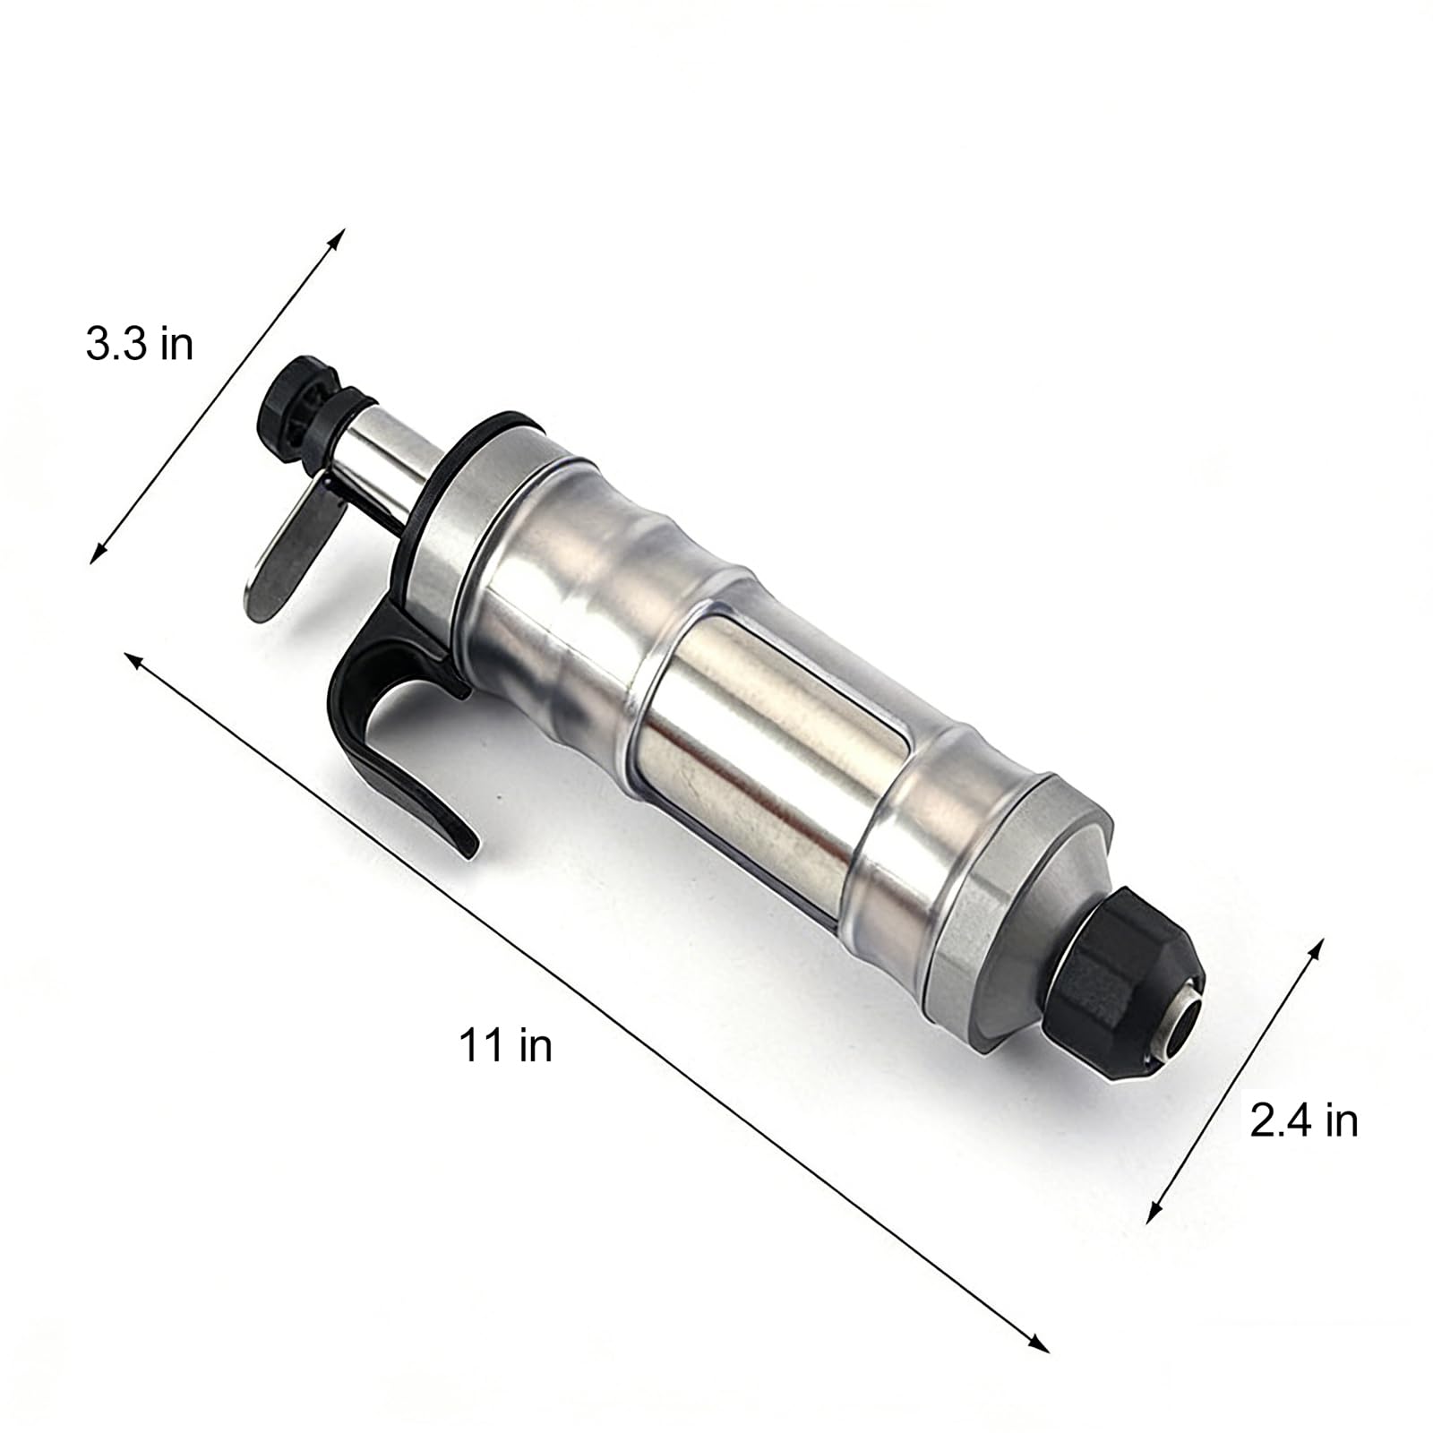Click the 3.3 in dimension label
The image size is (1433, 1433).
point(139,344)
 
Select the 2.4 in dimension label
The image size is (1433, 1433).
point(1303,1120)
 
